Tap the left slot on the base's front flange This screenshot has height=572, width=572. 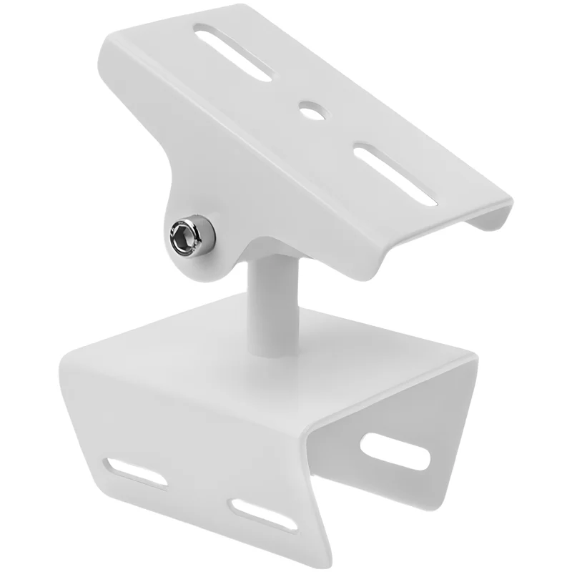pos(136,473)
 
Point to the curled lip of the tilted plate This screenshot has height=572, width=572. pos(493,214)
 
